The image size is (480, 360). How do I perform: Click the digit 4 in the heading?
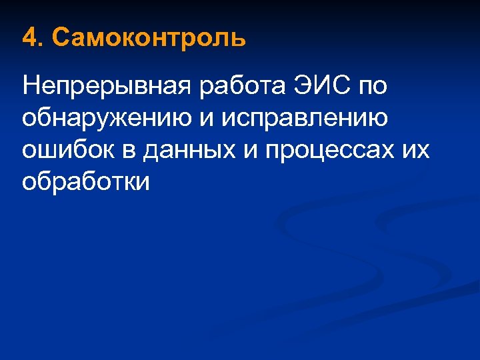point(28,38)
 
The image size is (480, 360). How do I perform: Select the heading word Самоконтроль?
point(148,38)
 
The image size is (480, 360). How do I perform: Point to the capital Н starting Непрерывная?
point(30,85)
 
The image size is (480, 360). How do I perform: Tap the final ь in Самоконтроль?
point(239,39)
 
